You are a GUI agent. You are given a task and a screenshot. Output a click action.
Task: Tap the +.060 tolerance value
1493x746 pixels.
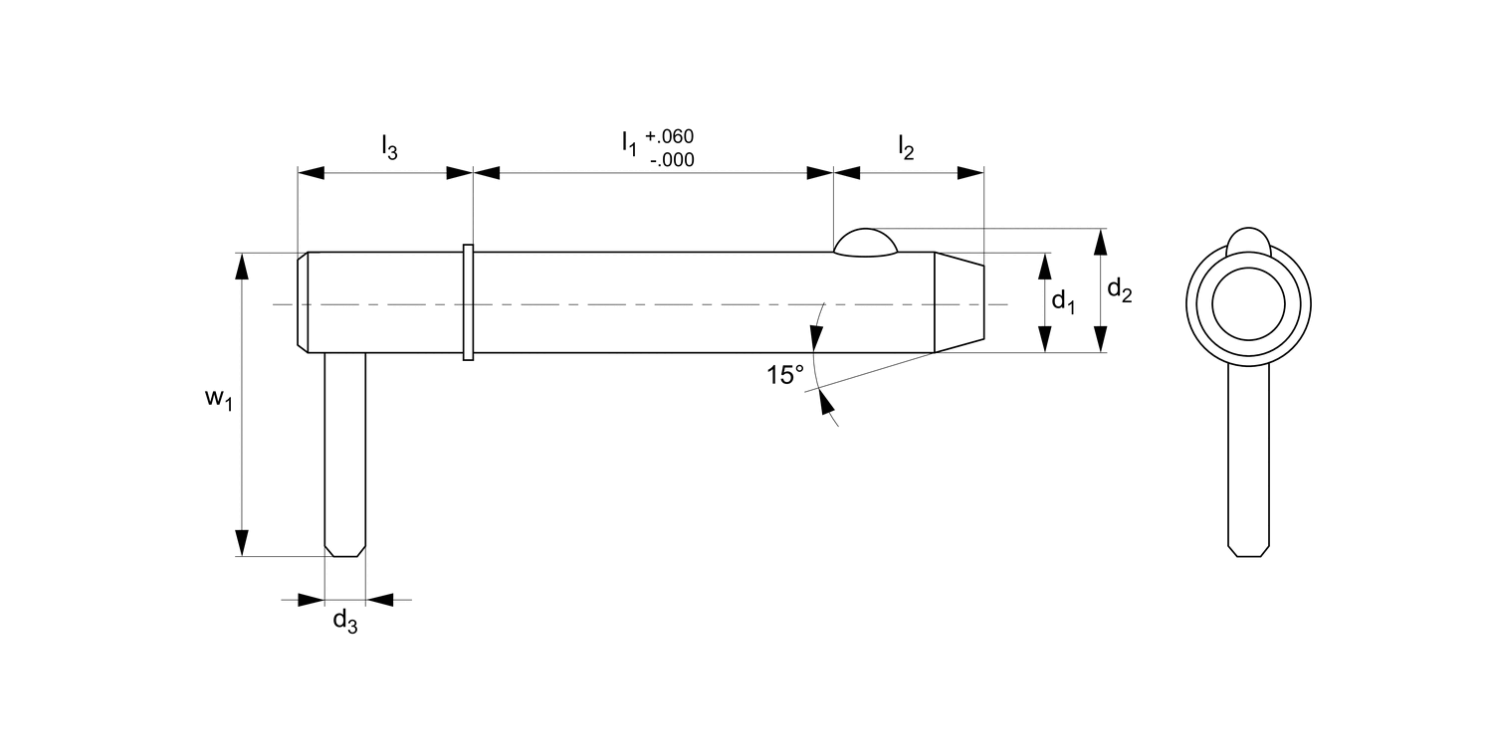[670, 136]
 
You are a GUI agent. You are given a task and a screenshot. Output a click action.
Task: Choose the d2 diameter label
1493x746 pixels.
[1120, 289]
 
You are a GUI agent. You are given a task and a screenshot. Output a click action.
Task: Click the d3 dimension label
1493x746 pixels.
[344, 622]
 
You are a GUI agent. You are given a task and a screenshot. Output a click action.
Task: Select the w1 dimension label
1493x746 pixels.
[218, 400]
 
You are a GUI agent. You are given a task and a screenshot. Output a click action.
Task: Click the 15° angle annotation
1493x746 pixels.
[784, 375]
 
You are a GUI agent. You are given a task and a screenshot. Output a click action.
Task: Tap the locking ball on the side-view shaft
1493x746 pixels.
[865, 243]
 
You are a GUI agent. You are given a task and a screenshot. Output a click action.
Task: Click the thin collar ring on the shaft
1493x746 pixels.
[468, 302]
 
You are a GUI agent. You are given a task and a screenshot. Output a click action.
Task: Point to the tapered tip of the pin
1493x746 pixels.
[959, 301]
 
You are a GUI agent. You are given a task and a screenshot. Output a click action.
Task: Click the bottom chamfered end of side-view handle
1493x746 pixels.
[345, 549]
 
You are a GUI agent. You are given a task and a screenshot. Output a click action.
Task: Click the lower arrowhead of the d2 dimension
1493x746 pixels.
[1100, 339]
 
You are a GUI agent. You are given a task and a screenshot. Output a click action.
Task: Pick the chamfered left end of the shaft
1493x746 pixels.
[304, 302]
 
